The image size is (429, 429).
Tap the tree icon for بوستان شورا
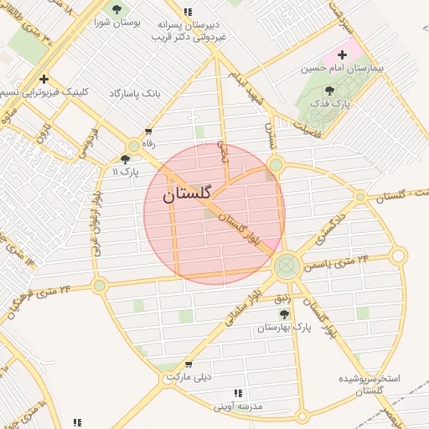116,10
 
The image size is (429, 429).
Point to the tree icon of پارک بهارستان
284,314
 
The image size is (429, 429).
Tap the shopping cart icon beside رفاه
149,132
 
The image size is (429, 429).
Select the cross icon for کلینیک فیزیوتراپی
44,80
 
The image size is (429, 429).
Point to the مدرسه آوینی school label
238,406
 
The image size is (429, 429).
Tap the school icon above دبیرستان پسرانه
189,12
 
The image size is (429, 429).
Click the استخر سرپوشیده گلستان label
369,385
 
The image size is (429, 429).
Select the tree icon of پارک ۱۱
126,158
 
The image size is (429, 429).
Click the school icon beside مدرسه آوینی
240,393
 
